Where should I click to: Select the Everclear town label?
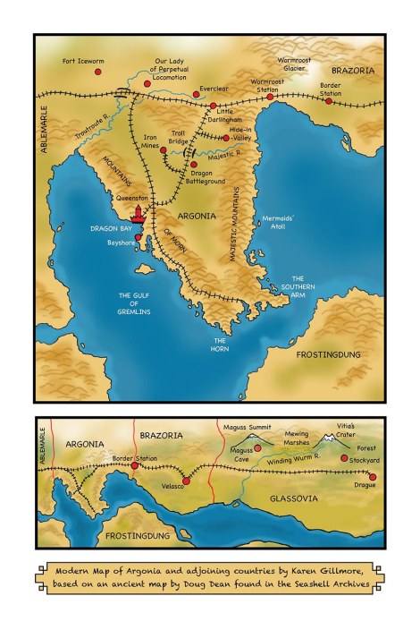214,89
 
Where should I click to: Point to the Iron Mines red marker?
163,150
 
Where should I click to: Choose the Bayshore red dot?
139,238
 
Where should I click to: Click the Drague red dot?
372,477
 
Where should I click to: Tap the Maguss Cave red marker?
257,447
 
